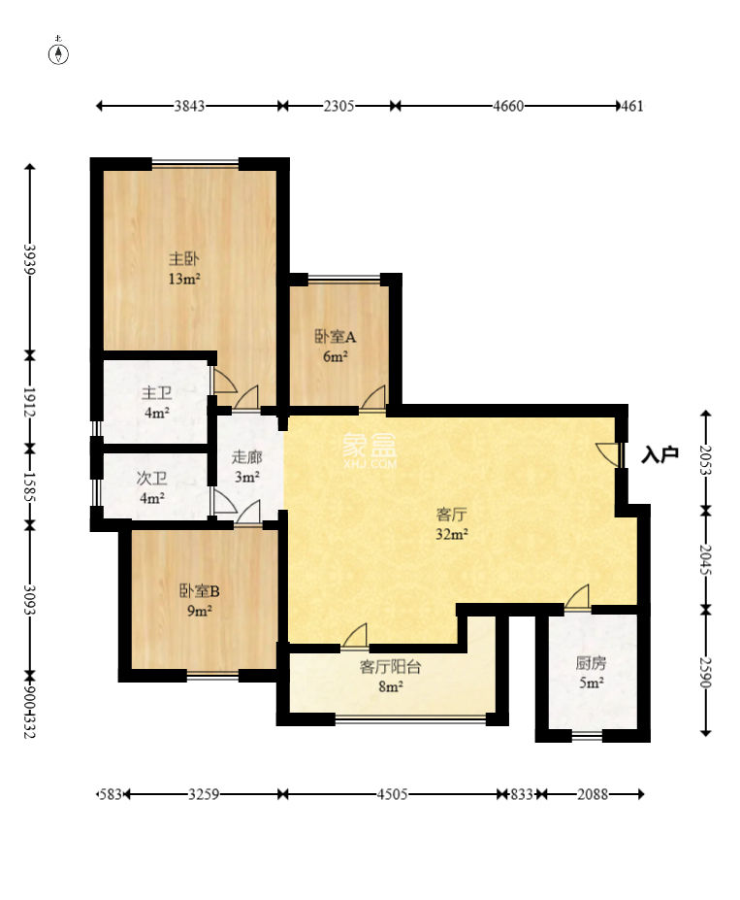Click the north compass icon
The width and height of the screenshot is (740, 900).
(58, 51)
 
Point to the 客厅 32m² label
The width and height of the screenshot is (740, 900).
(452, 523)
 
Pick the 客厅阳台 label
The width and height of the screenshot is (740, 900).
(390, 666)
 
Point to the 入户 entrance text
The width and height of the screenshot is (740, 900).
(660, 454)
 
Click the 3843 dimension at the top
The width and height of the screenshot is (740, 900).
(190, 106)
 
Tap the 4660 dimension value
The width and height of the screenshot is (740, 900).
(508, 106)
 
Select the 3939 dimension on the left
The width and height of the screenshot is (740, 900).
(30, 259)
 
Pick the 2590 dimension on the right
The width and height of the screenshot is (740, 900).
(706, 672)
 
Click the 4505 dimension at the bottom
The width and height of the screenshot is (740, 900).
(392, 794)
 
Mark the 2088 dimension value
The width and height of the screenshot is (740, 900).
(593, 794)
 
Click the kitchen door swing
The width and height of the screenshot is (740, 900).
(577, 597)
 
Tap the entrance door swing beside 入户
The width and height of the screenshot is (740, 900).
(608, 454)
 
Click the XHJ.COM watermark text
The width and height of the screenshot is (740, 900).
(370, 463)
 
